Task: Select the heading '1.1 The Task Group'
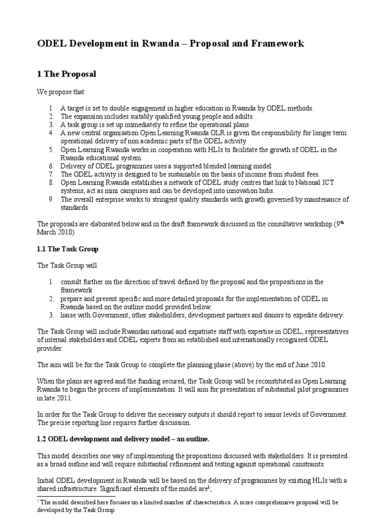(68, 249)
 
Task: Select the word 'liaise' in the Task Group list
(69, 315)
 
